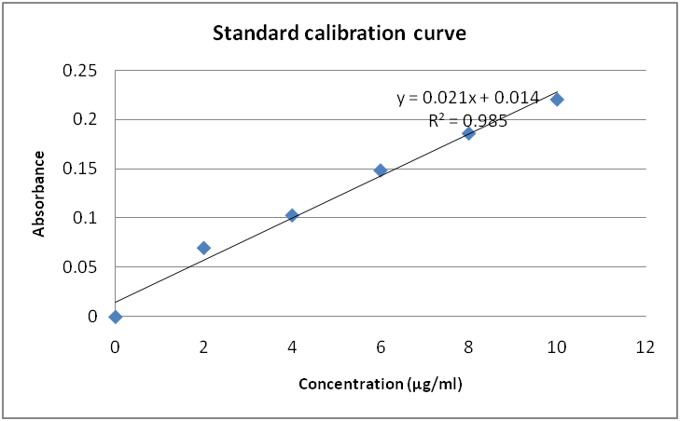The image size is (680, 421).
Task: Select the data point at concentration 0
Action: click(116, 317)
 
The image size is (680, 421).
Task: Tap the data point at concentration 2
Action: click(203, 248)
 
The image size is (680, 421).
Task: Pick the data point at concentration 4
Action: click(292, 215)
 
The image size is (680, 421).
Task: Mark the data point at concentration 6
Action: click(381, 170)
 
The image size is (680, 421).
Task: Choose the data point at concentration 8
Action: click(469, 133)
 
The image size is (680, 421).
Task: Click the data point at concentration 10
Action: click(557, 100)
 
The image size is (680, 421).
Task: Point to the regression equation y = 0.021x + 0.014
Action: click(468, 97)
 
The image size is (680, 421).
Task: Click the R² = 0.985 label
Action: click(468, 119)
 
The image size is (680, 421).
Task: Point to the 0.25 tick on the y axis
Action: click(79, 71)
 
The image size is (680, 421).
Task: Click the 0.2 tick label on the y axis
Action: click(87, 119)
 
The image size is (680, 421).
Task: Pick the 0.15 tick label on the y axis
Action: click(79, 169)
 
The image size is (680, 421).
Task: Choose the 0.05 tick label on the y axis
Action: click(79, 267)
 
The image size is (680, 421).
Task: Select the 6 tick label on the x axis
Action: click(381, 346)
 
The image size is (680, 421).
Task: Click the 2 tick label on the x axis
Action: click(203, 346)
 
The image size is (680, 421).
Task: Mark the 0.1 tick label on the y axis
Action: click(87, 218)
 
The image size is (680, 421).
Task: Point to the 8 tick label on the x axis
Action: click(469, 346)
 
